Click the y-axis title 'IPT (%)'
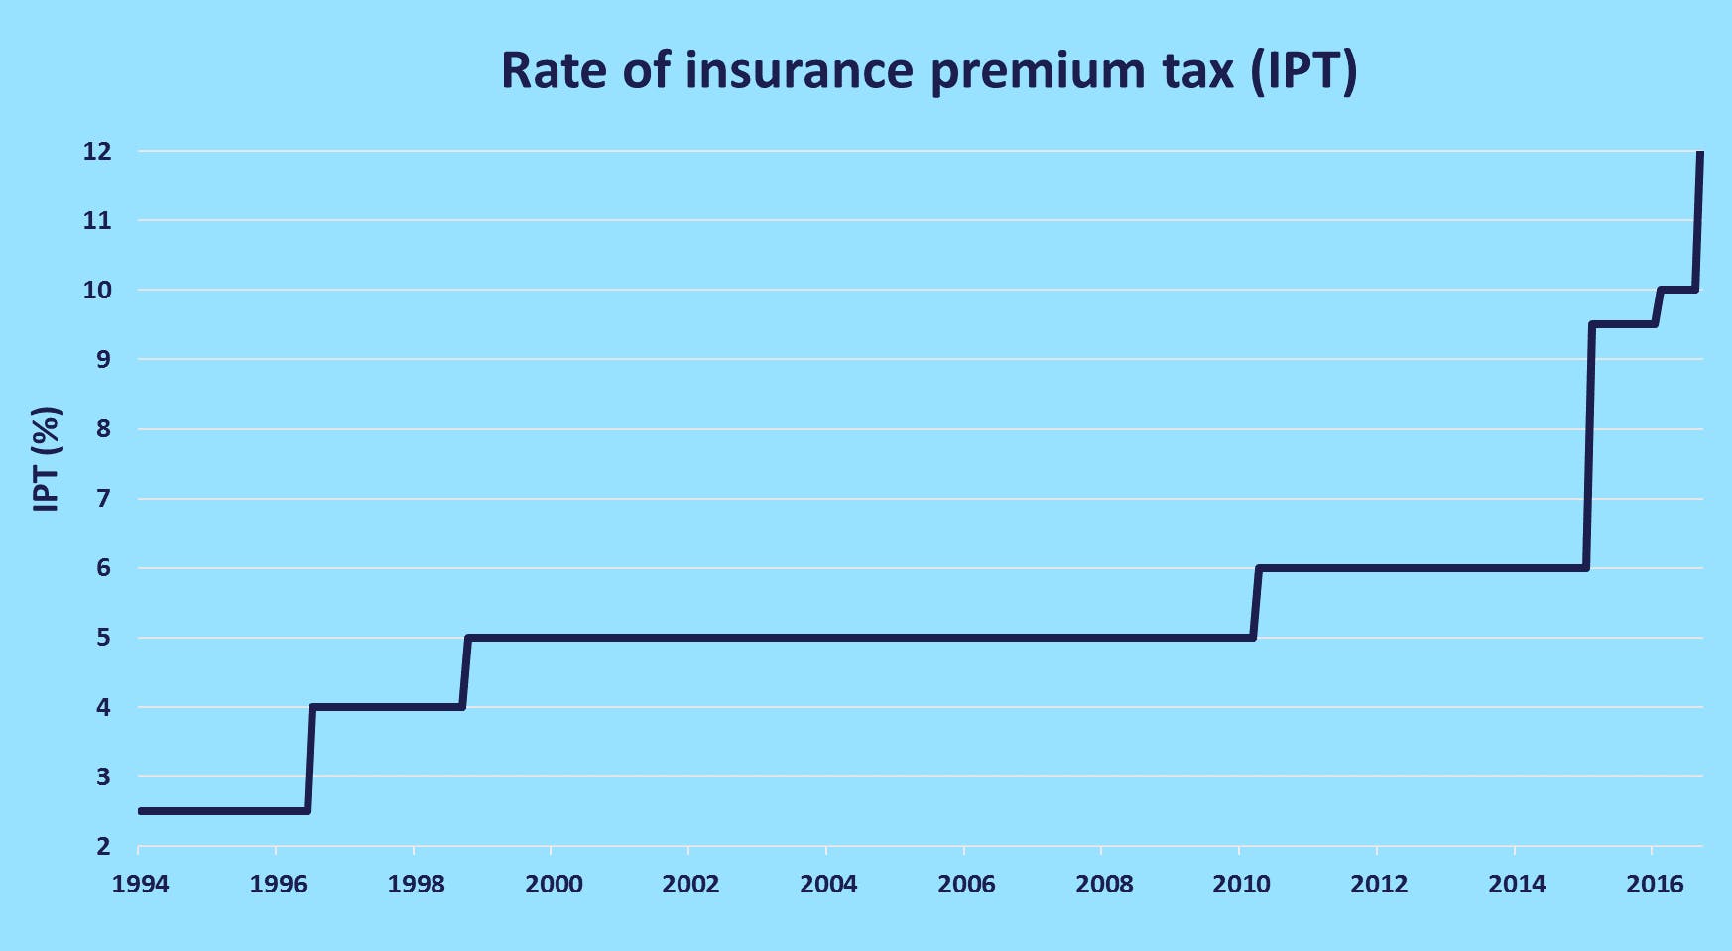[47, 458]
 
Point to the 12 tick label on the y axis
[96, 152]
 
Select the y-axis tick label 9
[103, 360]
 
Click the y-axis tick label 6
[103, 568]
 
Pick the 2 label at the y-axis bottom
[103, 846]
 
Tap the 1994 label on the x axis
[140, 884]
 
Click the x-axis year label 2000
[554, 884]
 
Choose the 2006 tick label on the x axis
[966, 884]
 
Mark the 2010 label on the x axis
[1241, 884]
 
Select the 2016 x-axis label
[1654, 884]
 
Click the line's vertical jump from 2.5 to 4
[309, 759]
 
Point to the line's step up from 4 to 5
[465, 672]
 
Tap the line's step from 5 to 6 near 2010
[1256, 603]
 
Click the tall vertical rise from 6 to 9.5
[1589, 446]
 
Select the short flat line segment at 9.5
[1623, 324]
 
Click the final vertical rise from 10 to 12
[1698, 220]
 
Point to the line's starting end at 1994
[142, 811]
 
